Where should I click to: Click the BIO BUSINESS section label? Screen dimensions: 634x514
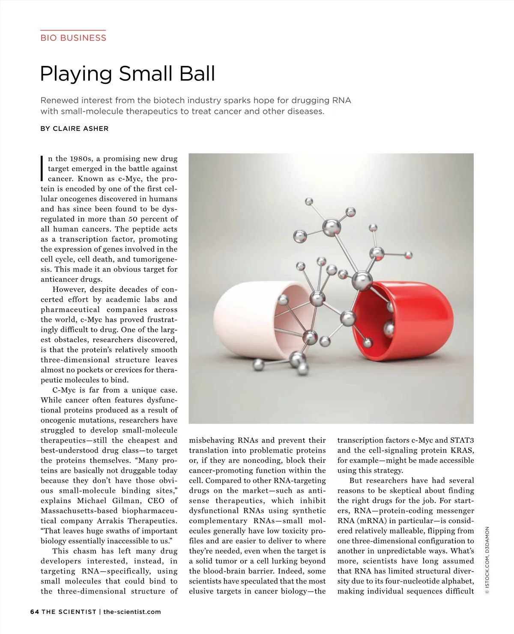(73, 38)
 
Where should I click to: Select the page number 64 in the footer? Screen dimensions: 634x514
(34, 611)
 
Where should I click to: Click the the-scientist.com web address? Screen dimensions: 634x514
(132, 611)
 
